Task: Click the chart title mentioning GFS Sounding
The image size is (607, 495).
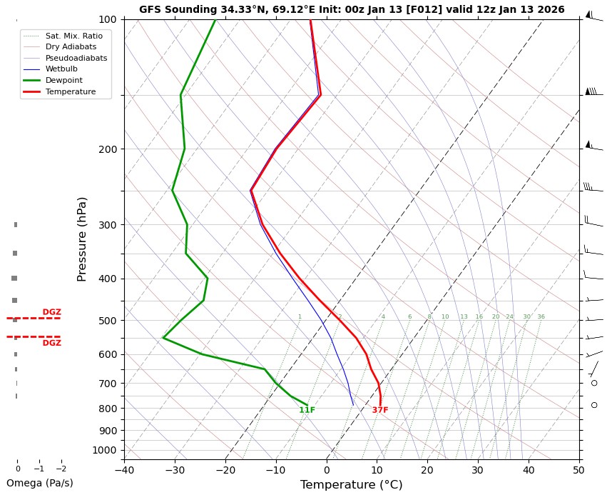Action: [x=351, y=10]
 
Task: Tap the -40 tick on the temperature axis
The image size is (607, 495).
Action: [x=124, y=469]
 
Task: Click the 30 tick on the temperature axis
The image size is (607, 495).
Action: [x=477, y=469]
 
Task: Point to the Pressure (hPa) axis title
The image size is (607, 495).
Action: [x=82, y=239]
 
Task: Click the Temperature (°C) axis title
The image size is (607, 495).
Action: [x=351, y=485]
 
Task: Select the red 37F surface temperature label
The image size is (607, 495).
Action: [x=380, y=410]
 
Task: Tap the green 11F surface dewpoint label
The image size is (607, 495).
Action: [x=307, y=410]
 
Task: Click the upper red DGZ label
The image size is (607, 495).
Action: [x=51, y=312]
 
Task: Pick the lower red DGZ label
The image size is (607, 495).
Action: [x=51, y=343]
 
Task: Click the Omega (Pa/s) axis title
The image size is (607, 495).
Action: [x=39, y=483]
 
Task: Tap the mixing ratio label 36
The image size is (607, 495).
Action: [x=541, y=316]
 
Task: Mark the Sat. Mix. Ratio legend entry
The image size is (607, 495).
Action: [x=73, y=35]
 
